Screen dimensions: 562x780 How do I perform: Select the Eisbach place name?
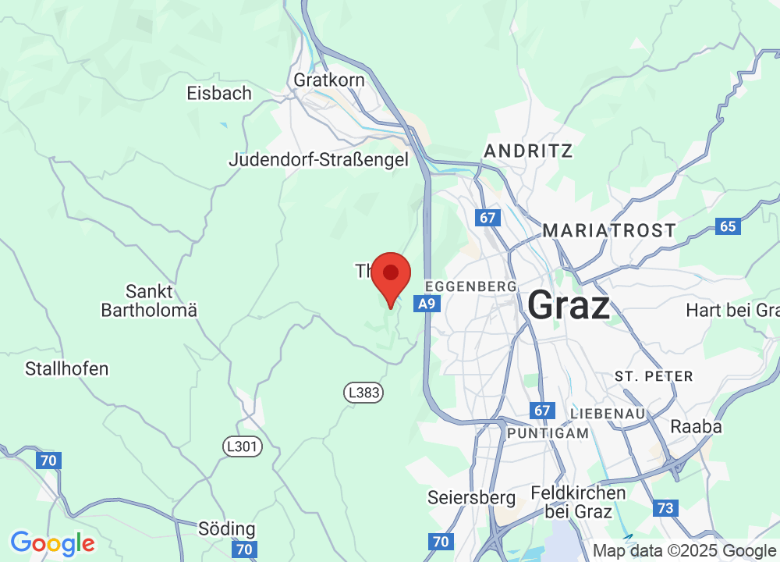pos(219,94)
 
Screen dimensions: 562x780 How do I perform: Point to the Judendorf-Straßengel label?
pos(318,160)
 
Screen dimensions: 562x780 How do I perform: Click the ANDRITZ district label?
pos(529,151)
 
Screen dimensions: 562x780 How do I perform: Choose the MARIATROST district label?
pos(609,230)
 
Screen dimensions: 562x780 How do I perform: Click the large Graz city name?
pos(569,304)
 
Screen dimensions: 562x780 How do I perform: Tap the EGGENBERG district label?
pos(470,286)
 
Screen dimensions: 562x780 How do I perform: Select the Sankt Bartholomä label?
pos(149,301)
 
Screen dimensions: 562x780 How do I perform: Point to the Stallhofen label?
pos(67,368)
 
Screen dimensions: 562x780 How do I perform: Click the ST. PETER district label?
pos(654,376)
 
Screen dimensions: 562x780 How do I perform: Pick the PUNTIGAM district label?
pos(548,432)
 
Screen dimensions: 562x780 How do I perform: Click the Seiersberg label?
pos(472,497)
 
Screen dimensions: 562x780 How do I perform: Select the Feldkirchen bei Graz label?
pos(578,502)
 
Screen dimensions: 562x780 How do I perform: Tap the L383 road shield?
pos(364,393)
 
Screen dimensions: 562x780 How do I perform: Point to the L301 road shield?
pos(243,446)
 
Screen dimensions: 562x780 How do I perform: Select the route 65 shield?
pos(727,226)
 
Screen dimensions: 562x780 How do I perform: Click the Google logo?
pos(52,542)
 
